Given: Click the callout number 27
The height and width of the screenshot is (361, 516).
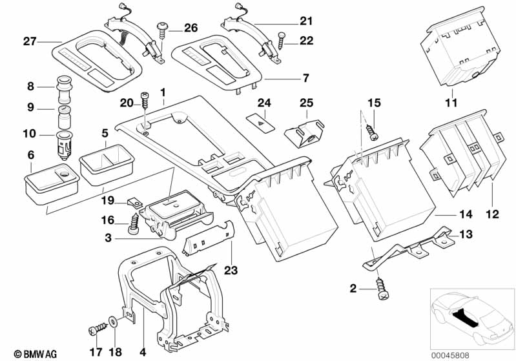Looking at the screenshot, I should pyautogui.click(x=30, y=42).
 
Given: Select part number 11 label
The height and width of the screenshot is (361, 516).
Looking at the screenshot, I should pyautogui.click(x=451, y=102).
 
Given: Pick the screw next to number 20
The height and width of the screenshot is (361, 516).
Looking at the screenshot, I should pyautogui.click(x=146, y=101).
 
